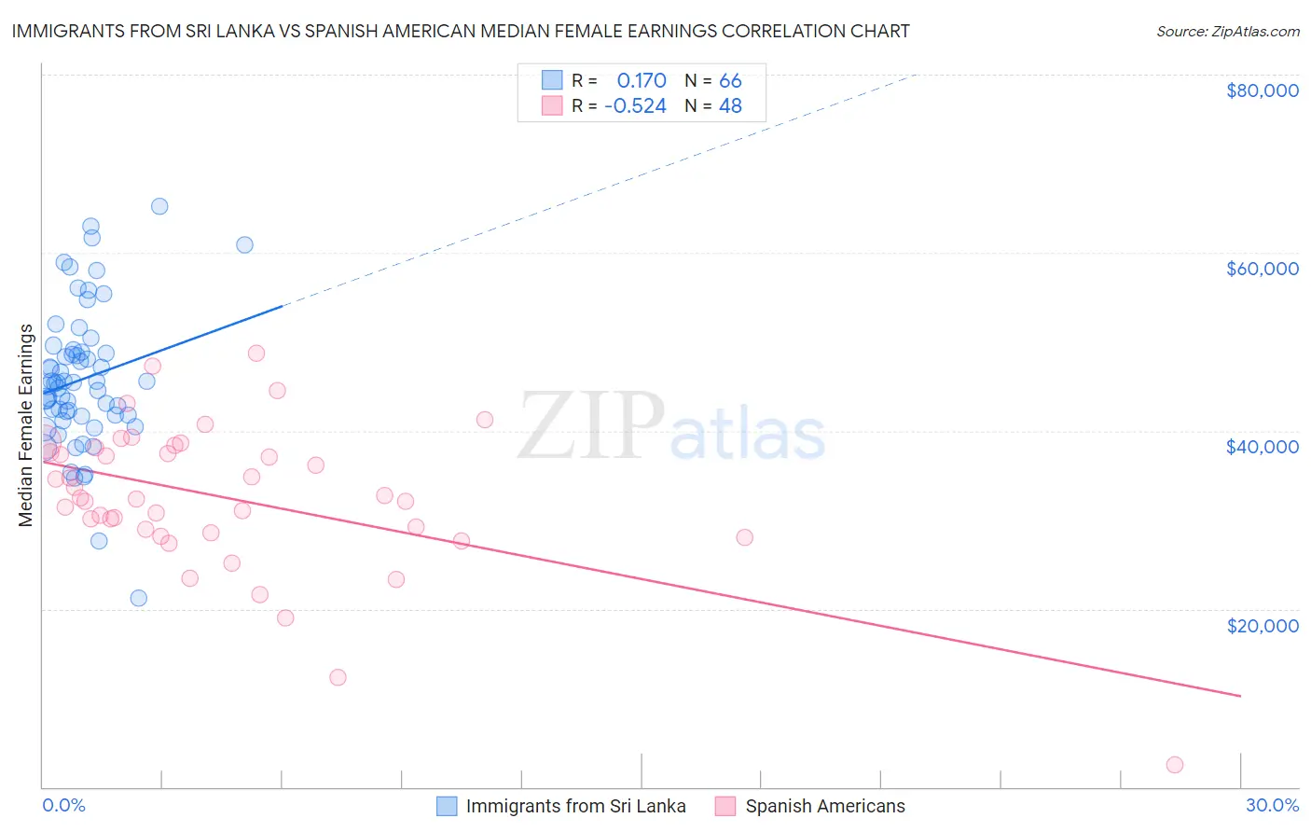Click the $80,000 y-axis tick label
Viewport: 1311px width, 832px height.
pyautogui.click(x=1262, y=90)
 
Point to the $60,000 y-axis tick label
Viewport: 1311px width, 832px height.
pyautogui.click(x=1262, y=269)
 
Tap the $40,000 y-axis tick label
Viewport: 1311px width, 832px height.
pyautogui.click(x=1262, y=447)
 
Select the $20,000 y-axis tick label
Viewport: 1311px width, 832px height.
pyautogui.click(x=1262, y=625)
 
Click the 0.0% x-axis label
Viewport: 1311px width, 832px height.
pyautogui.click(x=63, y=805)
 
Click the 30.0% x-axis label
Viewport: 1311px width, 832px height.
pyautogui.click(x=1272, y=805)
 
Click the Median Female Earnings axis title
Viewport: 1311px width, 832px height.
pyautogui.click(x=26, y=424)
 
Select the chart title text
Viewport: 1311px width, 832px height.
pyautogui.click(x=461, y=31)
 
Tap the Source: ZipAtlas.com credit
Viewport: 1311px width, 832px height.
pyautogui.click(x=1227, y=31)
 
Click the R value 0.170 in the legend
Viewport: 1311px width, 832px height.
pyautogui.click(x=642, y=80)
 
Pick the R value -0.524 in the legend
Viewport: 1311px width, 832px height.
pyautogui.click(x=635, y=105)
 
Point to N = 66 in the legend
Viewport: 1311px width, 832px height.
pyautogui.click(x=713, y=80)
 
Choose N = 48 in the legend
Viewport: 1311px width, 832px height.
pyautogui.click(x=713, y=105)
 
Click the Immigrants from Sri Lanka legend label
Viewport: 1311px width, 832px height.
pyautogui.click(x=575, y=806)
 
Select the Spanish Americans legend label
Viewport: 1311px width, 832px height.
pyautogui.click(x=824, y=806)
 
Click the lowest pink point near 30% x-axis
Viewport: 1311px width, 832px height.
pyautogui.click(x=1175, y=765)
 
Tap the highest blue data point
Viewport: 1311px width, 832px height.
pyautogui.click(x=159, y=206)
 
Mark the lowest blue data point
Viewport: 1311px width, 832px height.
pyautogui.click(x=139, y=598)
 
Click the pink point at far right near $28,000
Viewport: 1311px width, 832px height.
pyautogui.click(x=744, y=537)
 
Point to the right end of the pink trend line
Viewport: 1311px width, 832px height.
pyautogui.click(x=1240, y=696)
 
